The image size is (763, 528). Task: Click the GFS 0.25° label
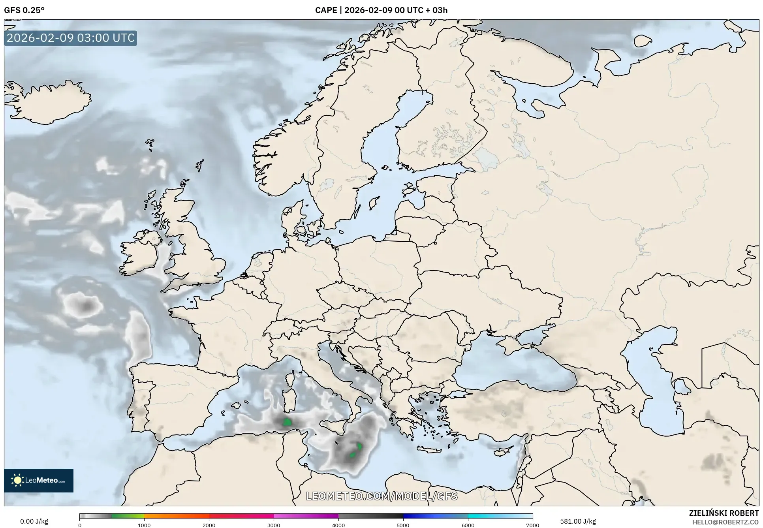[24, 10]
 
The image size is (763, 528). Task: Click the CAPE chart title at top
[381, 10]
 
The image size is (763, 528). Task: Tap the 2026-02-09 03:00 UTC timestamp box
[71, 38]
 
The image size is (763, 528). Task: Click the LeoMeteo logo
[39, 480]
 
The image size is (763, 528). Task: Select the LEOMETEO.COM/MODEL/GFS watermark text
[381, 496]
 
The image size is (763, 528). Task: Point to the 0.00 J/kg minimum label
[34, 521]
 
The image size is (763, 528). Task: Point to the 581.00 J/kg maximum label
[578, 521]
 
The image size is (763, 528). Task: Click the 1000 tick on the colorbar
[144, 525]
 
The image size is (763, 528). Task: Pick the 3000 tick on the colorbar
[274, 525]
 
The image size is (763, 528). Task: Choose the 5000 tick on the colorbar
[403, 525]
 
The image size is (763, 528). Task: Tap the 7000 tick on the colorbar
[532, 525]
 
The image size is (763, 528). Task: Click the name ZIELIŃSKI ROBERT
[724, 513]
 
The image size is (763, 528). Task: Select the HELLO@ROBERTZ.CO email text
[725, 522]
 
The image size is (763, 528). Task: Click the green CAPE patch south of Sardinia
[287, 422]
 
